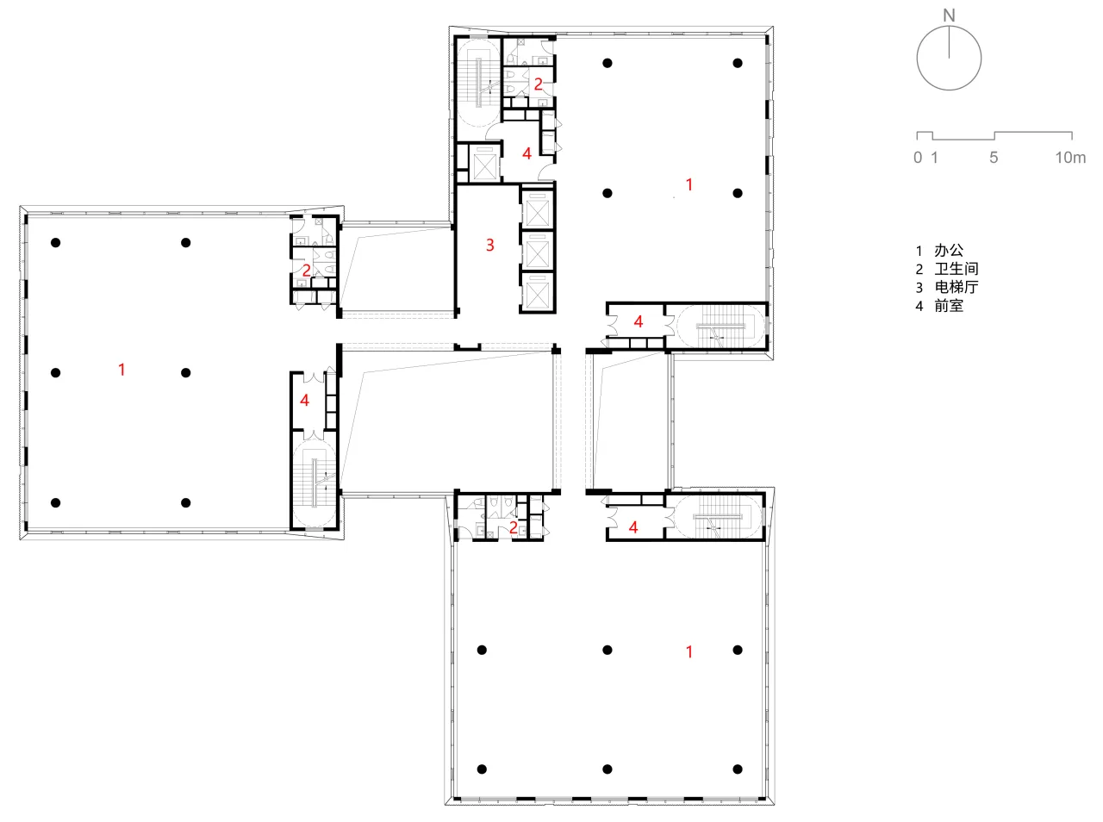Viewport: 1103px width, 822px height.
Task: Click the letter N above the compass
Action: (x=949, y=16)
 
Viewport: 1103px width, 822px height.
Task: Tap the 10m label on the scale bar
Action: (x=1070, y=158)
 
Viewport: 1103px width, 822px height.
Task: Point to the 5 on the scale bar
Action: (x=994, y=158)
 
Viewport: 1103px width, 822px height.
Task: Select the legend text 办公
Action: (x=949, y=250)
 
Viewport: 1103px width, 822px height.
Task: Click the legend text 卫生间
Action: (x=957, y=269)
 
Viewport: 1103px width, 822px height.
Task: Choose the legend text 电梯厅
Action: (x=957, y=288)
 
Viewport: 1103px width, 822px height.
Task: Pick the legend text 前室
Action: (x=949, y=306)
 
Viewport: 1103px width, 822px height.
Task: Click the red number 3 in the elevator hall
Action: (x=490, y=246)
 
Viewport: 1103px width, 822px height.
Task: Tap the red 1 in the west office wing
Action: (x=122, y=370)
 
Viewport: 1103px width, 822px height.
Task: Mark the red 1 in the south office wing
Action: (x=689, y=652)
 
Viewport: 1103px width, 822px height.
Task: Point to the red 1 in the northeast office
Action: (x=689, y=185)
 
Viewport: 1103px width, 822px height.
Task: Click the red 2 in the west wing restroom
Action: (x=306, y=271)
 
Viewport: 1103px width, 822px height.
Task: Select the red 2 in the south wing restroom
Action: (x=513, y=527)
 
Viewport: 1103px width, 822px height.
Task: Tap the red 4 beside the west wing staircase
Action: (x=304, y=400)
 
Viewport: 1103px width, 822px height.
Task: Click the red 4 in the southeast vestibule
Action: (x=633, y=527)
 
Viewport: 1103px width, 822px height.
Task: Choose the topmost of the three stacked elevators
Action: (x=537, y=209)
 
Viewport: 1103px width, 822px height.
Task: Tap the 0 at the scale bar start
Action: (x=918, y=158)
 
